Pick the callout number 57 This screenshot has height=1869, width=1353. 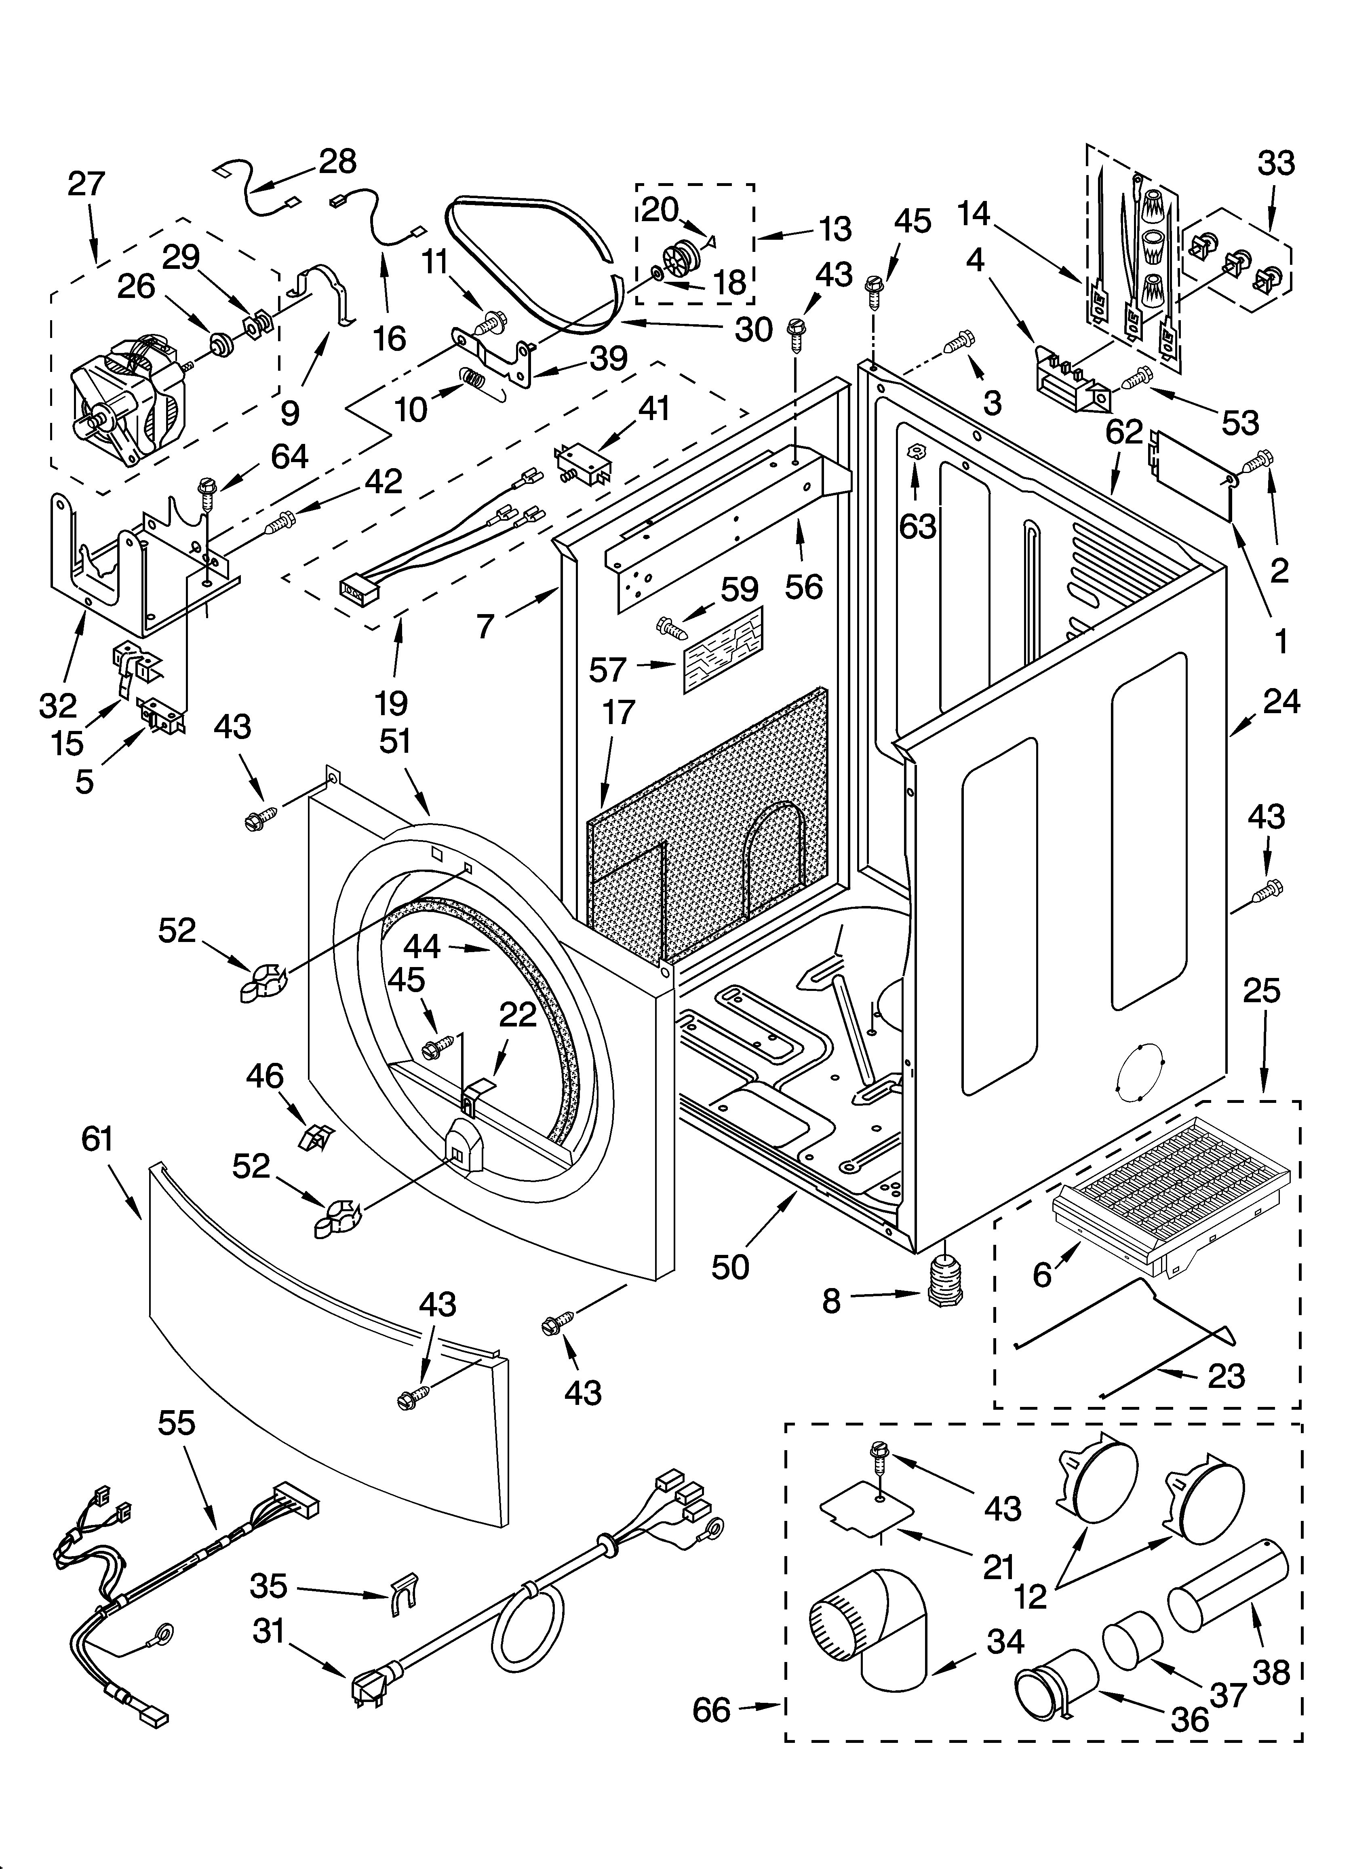(607, 670)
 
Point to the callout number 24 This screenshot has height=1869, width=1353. (1282, 701)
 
